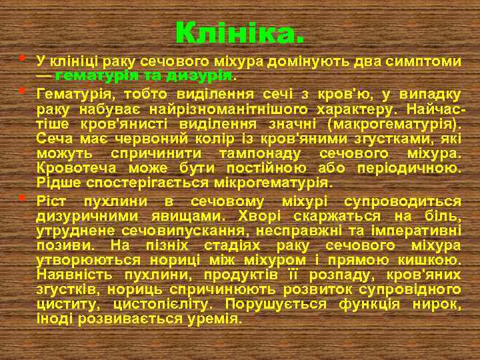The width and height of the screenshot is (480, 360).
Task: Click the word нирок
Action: [441, 305]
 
